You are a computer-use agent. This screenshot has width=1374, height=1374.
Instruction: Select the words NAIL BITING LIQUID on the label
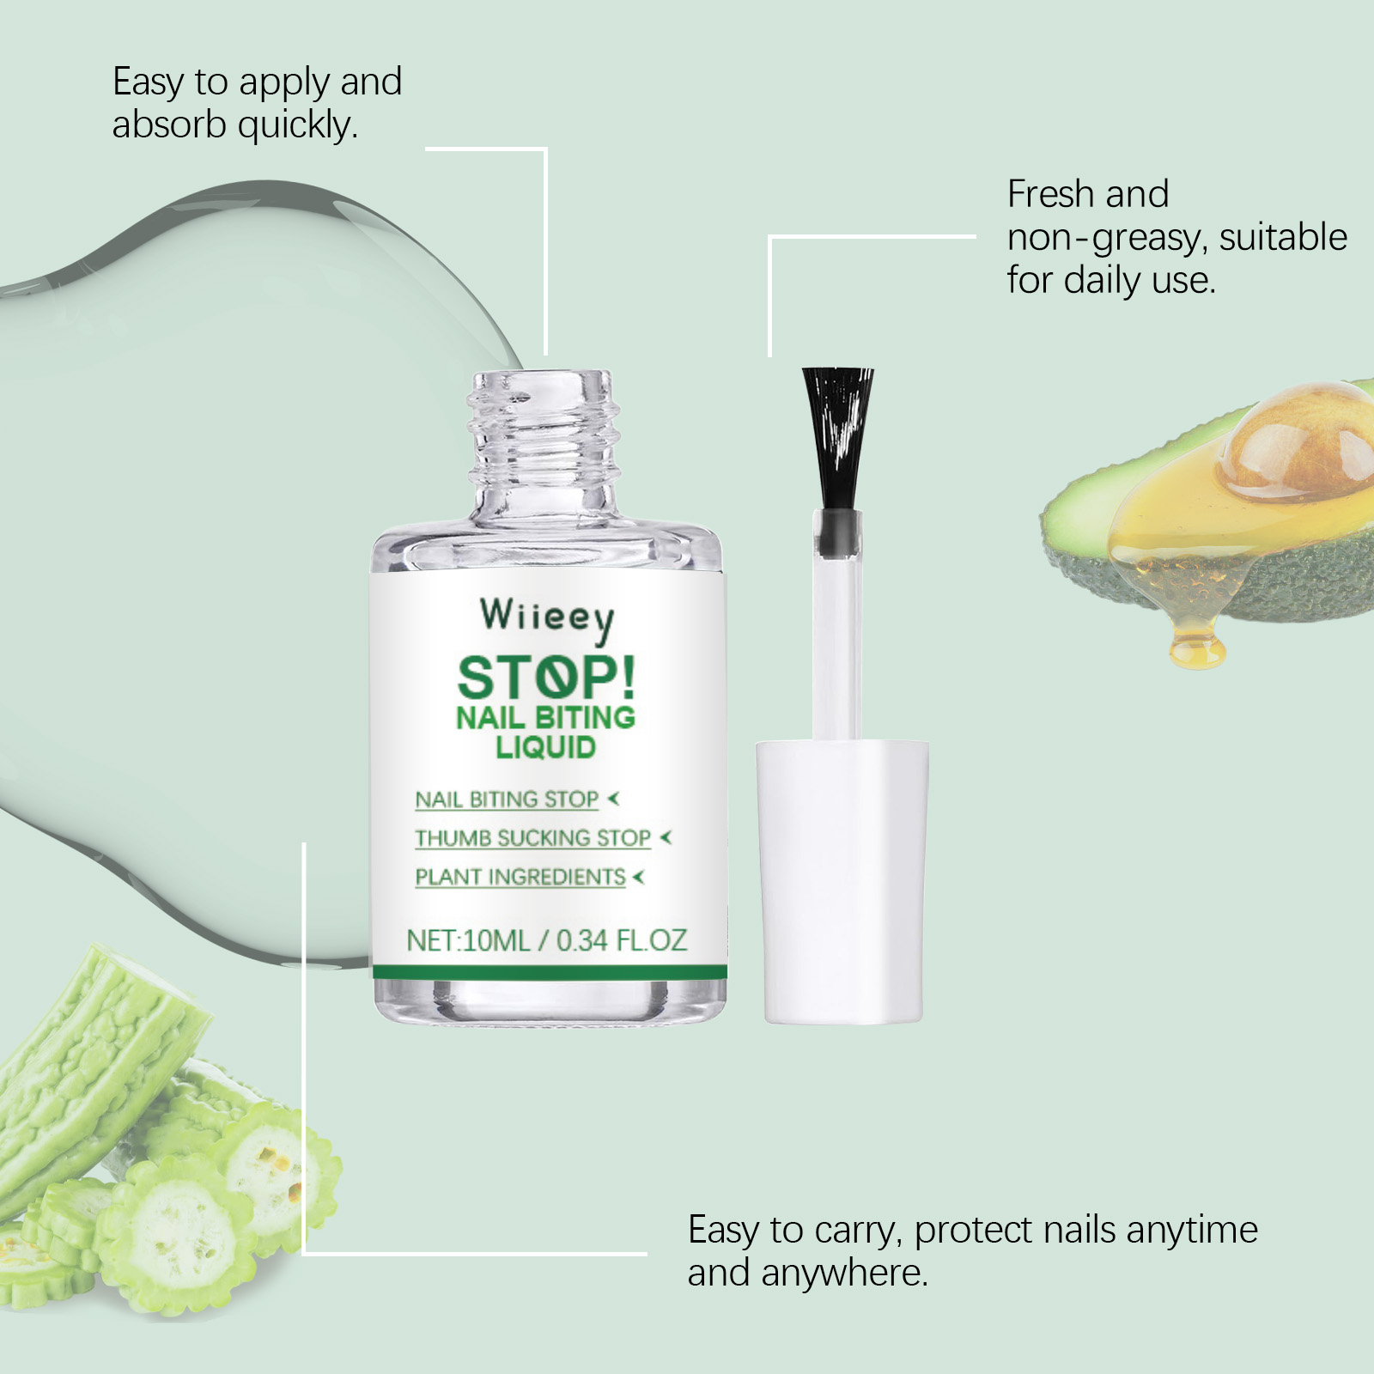545,732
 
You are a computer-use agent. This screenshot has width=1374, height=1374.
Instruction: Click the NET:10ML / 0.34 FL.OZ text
547,940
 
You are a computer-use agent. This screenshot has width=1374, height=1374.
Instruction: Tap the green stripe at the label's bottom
550,972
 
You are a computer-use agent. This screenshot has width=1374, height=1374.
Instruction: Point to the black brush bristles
837,438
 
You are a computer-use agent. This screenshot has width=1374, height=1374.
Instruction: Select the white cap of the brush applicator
842,882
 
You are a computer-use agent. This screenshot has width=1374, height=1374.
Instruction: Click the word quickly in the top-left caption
297,126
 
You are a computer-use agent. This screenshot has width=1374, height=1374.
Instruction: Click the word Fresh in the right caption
1051,194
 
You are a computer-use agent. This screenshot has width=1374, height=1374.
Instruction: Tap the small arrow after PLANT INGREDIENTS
638,877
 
